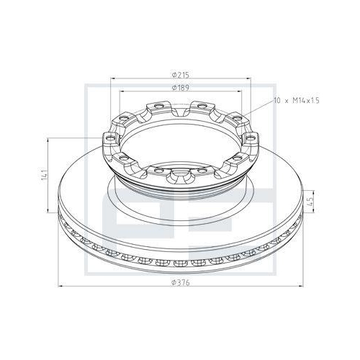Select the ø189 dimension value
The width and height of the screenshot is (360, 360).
pyautogui.click(x=180, y=87)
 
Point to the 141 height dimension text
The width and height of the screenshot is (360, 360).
pyautogui.click(x=45, y=174)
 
